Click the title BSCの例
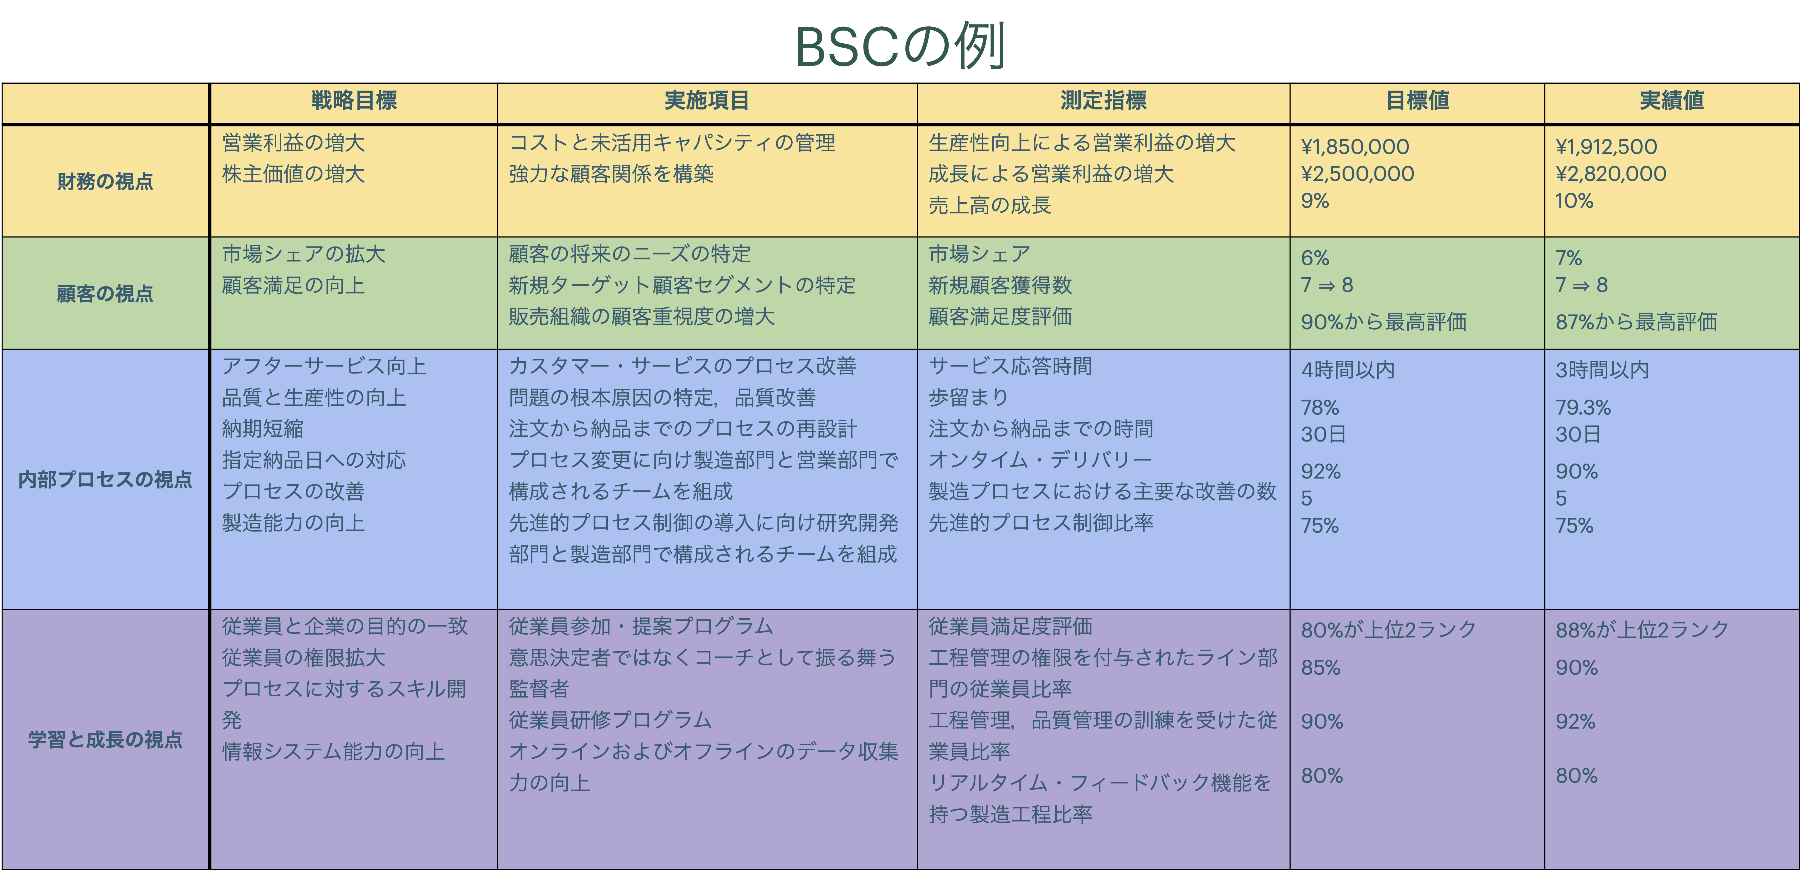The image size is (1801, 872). click(x=900, y=46)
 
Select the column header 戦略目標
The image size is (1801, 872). click(x=354, y=101)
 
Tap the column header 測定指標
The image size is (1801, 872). click(x=1103, y=101)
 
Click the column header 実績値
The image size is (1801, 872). click(x=1672, y=101)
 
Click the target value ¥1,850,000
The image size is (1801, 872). click(x=1355, y=147)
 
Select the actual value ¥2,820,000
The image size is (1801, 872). click(x=1611, y=174)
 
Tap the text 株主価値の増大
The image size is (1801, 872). click(x=294, y=174)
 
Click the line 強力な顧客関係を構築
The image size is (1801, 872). click(x=611, y=174)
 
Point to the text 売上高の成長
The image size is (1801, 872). click(x=990, y=205)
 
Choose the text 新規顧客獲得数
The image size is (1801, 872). click(x=1001, y=285)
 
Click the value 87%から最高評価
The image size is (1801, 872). click(x=1636, y=322)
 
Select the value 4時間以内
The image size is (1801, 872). click(x=1348, y=370)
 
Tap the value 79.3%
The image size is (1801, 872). click(x=1583, y=407)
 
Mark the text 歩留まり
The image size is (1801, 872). click(x=968, y=398)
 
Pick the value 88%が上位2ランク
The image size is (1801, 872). click(x=1642, y=629)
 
